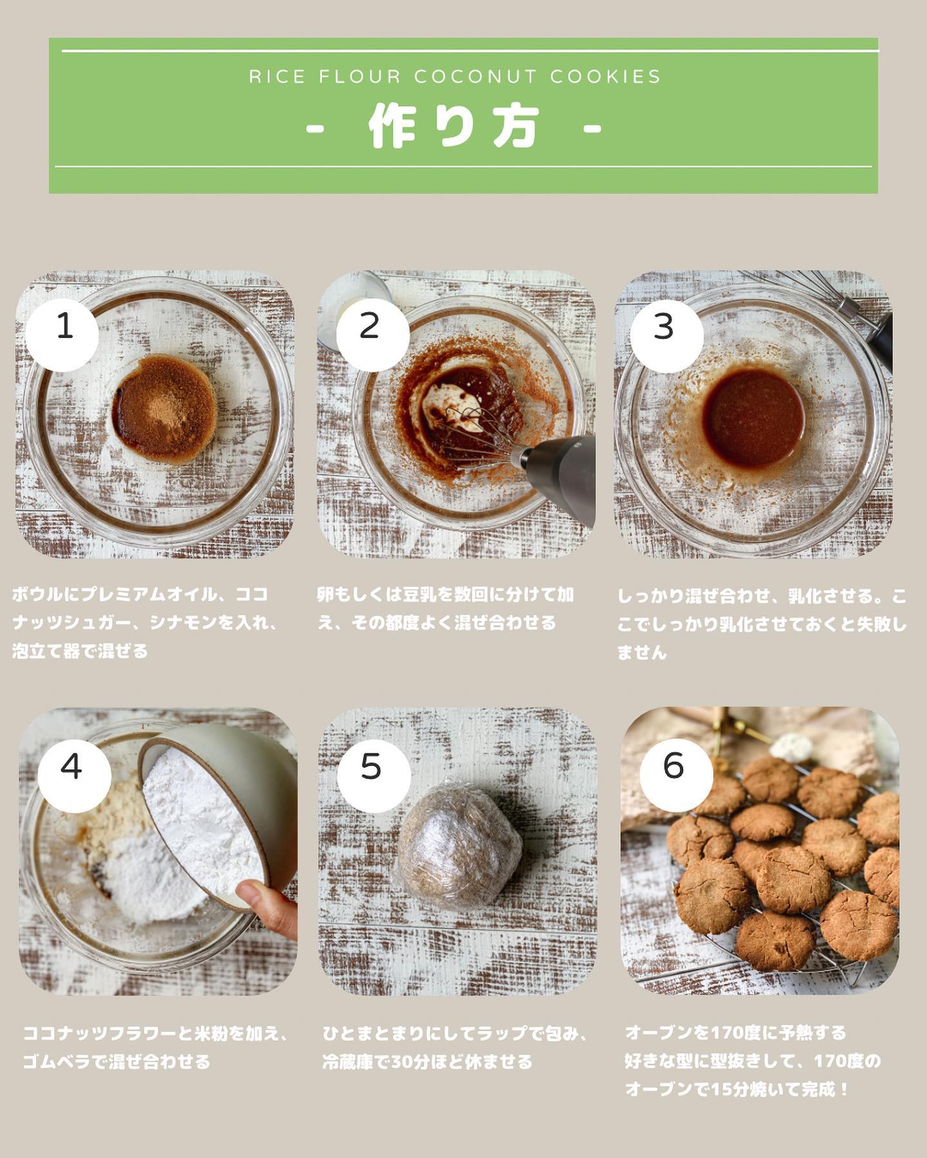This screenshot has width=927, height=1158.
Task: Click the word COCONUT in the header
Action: coord(476,77)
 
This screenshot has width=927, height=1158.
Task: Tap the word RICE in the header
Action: coord(277,77)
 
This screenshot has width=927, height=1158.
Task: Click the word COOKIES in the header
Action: coord(606,77)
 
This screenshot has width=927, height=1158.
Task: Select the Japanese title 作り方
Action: coord(454,127)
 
